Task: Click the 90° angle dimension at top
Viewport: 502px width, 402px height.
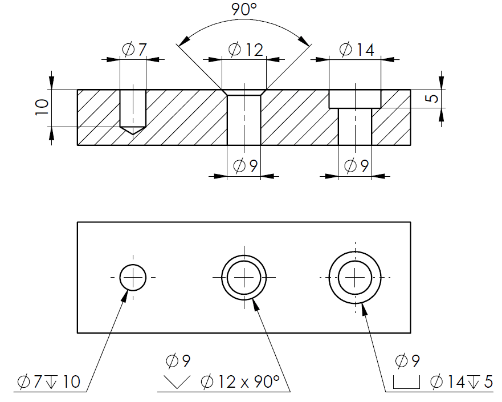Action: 244,9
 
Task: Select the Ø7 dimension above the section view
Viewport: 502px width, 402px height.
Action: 134,50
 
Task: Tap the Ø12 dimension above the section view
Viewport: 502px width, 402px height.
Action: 246,50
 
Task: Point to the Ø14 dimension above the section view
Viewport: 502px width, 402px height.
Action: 357,50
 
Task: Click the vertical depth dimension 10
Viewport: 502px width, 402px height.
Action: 42,107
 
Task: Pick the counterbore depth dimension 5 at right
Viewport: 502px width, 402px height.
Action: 432,98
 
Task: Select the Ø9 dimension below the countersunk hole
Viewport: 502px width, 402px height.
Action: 245,165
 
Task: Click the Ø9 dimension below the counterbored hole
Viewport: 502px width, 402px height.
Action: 356,165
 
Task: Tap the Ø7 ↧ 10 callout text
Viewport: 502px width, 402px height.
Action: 48,381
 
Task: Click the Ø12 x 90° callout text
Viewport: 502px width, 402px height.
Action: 240,381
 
